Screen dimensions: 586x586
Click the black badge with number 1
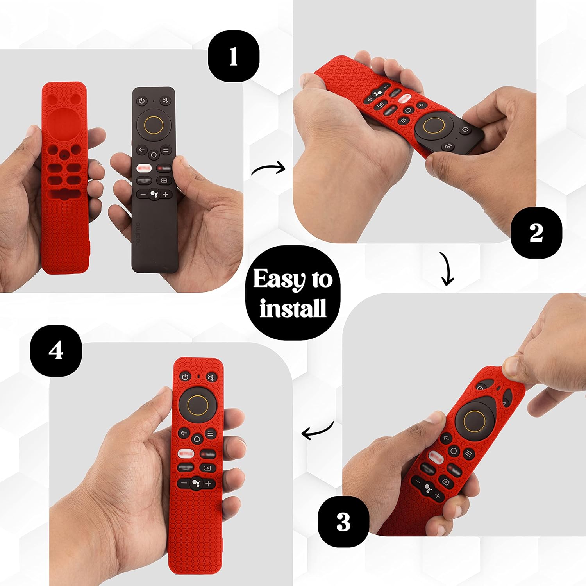click(233, 56)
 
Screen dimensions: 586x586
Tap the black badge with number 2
click(536, 233)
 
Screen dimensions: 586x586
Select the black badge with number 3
click(343, 522)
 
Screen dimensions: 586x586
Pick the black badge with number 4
click(56, 350)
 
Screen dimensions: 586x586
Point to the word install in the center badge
click(293, 308)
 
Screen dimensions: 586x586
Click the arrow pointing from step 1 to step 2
click(269, 169)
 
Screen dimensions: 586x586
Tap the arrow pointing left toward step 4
click(318, 431)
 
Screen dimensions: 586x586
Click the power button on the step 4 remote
click(185, 377)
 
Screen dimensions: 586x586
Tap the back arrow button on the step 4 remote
click(184, 433)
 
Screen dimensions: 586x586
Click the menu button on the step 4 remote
click(211, 434)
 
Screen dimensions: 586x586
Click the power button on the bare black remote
click(142, 101)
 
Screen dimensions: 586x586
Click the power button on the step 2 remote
click(465, 130)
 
